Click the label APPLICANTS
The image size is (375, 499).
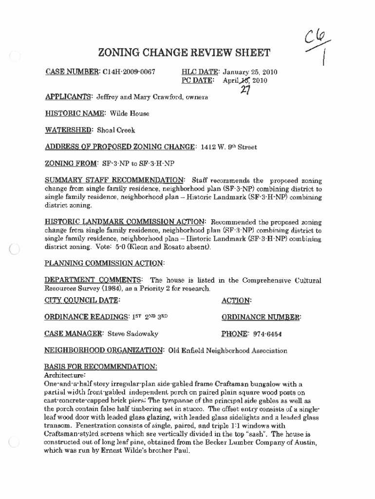point(68,97)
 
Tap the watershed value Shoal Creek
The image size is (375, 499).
point(116,130)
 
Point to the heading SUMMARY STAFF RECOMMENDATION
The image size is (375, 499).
point(115,180)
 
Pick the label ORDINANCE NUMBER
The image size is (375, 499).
point(262,317)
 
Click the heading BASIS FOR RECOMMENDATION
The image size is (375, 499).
point(101,366)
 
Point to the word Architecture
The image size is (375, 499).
point(65,375)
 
